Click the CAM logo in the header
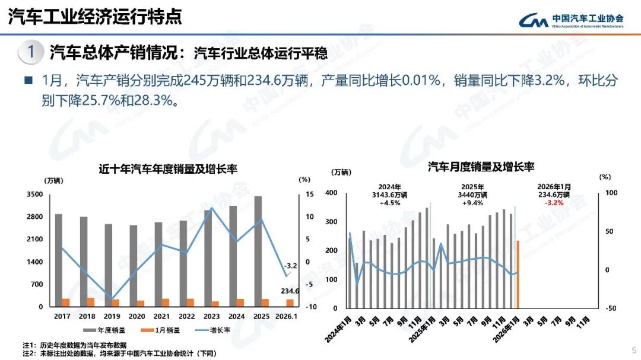coord(534,21)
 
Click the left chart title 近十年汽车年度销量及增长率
coord(168,169)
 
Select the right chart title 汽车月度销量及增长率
coord(481,167)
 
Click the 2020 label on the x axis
coord(137,317)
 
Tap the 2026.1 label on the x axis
coord(287,317)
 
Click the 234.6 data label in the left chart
coord(290,291)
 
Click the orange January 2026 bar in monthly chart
coord(518,274)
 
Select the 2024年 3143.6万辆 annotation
coord(389,194)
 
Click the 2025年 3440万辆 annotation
coord(472,194)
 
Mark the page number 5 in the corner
coord(633,350)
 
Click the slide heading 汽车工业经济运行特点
coord(95,17)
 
